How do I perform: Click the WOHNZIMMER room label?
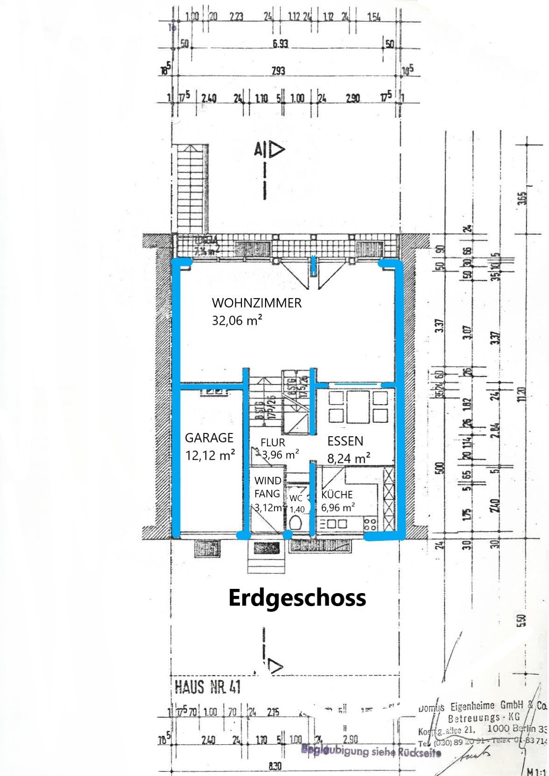pos(256,303)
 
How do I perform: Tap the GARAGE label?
pos(209,438)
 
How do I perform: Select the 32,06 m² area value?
pos(237,321)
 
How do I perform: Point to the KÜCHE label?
pos(337,495)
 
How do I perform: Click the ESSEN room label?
pos(345,441)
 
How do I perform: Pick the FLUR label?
pos(273,442)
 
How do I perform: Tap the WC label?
pos(296,498)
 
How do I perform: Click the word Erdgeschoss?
pos(297,598)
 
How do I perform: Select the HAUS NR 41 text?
pos(208,686)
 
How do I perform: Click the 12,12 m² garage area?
pos(210,455)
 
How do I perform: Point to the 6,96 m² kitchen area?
pos(338,507)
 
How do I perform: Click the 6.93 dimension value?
pos(280,44)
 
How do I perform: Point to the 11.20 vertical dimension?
pos(522,394)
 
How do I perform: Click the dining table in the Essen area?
pos(358,407)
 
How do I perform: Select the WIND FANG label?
pos(267,487)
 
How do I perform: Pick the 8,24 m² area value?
pos(349,458)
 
